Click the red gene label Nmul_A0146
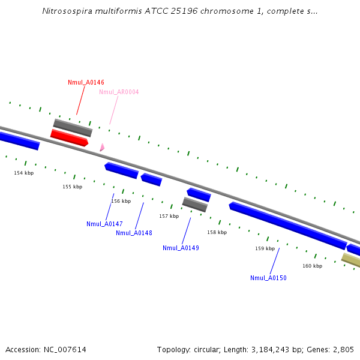tap(86, 82)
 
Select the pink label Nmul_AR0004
tap(119, 92)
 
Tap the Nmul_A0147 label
tap(104, 224)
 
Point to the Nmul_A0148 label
tap(134, 233)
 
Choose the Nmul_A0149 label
tap(181, 248)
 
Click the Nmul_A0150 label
tap(268, 278)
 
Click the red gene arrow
tap(69, 137)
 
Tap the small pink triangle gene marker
tap(102, 147)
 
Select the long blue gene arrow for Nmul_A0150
tap(287, 225)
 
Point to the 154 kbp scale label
tap(24, 173)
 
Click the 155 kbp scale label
tap(73, 187)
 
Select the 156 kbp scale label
tap(121, 201)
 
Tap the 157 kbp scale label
tap(169, 216)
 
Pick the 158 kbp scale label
tap(217, 232)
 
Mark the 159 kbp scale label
tap(265, 248)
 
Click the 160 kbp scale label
tap(312, 266)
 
